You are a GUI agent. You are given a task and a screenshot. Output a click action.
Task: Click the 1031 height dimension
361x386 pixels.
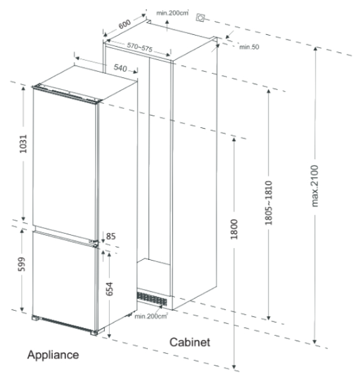click(x=23, y=144)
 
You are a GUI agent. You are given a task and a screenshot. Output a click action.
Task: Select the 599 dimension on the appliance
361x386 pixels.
click(x=22, y=264)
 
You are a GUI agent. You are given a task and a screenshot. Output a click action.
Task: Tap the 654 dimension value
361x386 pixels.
click(x=110, y=289)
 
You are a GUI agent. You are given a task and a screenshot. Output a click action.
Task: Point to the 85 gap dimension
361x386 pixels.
click(x=111, y=236)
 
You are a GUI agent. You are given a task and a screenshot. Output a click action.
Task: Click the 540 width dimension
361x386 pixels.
click(x=120, y=68)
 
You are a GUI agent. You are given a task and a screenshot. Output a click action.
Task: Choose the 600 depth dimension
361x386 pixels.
click(x=125, y=24)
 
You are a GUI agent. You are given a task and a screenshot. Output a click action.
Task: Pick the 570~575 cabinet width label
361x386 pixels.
click(x=140, y=47)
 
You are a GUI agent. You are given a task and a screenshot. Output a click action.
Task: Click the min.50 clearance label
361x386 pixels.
click(x=249, y=47)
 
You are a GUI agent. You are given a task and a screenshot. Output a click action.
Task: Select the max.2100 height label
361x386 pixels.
click(x=315, y=186)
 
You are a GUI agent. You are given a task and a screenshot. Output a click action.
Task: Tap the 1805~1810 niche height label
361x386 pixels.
click(x=269, y=203)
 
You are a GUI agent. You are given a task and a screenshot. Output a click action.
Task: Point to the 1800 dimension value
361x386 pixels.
click(x=234, y=229)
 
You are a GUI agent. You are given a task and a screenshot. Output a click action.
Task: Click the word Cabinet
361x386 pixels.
click(x=189, y=342)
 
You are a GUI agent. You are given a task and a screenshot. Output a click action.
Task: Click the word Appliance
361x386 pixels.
click(x=53, y=355)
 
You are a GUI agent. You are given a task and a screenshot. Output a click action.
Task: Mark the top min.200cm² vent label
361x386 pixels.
click(x=172, y=13)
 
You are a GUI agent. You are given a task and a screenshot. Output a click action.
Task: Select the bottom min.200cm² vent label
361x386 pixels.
click(x=151, y=316)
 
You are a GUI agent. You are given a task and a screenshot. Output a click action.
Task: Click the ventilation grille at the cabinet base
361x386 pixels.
click(x=152, y=299)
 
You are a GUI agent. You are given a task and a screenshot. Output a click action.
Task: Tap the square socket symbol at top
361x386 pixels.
click(x=201, y=18)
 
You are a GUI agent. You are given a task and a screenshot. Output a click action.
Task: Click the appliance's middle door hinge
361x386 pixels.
click(x=94, y=242)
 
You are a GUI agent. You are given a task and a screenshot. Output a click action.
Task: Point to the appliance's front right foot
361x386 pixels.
click(x=94, y=333)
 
